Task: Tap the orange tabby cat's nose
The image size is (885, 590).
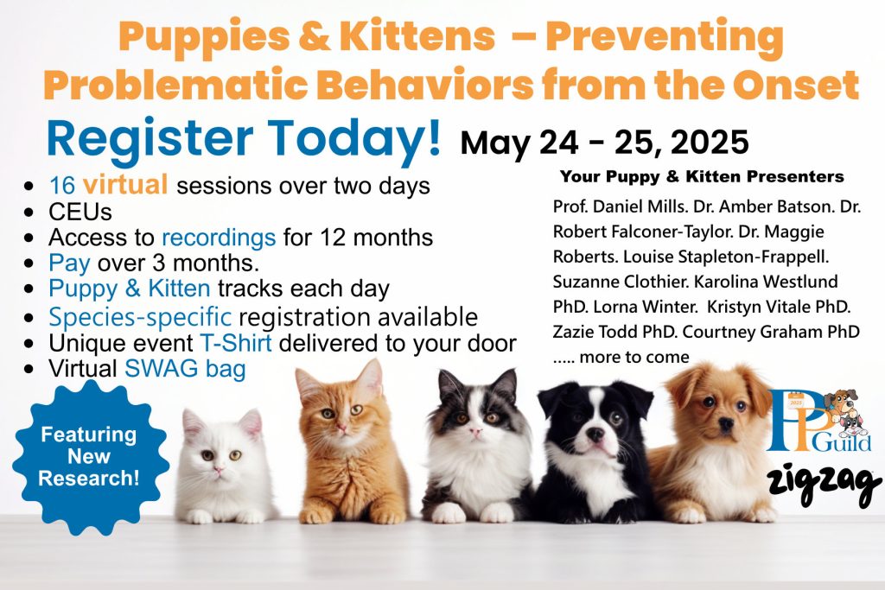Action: coord(341,427)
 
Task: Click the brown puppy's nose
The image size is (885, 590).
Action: coord(726,424)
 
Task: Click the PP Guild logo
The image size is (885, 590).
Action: coord(818,420)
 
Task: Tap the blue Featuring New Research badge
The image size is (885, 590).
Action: coord(90,457)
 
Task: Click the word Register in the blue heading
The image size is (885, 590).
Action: coord(150,139)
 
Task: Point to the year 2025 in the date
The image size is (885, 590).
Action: coord(710,142)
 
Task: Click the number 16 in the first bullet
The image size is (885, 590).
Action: coord(62,185)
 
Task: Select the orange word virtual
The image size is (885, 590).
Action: coord(125,185)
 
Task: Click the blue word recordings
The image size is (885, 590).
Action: coord(219,238)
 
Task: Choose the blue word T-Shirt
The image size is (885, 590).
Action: coord(236,343)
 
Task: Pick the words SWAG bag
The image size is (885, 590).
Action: coord(185,369)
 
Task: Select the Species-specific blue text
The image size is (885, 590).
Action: coord(140,318)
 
